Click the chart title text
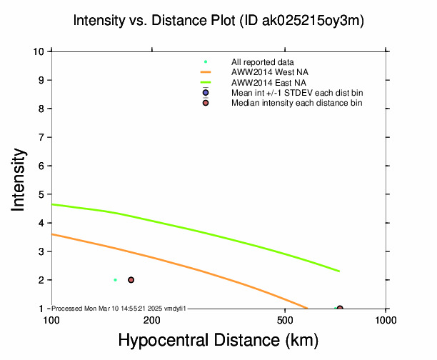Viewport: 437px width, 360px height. (218, 21)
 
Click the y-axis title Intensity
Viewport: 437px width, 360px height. (19, 179)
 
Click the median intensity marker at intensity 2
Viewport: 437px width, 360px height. (131, 280)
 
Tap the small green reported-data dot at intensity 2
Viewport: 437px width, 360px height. (115, 280)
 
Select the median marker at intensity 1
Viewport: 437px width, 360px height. (340, 308)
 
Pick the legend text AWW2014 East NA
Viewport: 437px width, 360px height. (263, 83)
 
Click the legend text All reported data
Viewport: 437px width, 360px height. (261, 62)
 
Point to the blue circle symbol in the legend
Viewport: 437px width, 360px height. (206, 93)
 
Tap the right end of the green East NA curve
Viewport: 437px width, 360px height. (339, 271)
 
